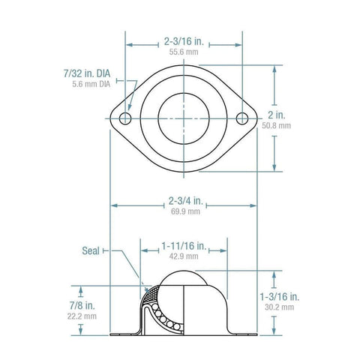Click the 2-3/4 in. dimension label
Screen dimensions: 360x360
[x=184, y=201]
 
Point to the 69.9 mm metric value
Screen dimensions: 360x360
[x=184, y=212]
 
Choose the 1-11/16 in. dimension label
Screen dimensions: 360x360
[x=184, y=244]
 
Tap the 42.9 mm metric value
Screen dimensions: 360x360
[x=184, y=256]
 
